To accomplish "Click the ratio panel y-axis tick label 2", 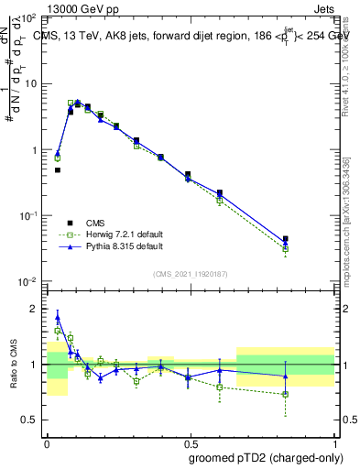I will click(x=34, y=309).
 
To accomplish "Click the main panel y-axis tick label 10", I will click(x=29, y=83).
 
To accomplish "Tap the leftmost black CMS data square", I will click(x=57, y=169).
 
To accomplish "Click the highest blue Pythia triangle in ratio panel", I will click(x=57, y=319).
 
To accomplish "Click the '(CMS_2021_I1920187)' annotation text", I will click(x=191, y=273).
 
